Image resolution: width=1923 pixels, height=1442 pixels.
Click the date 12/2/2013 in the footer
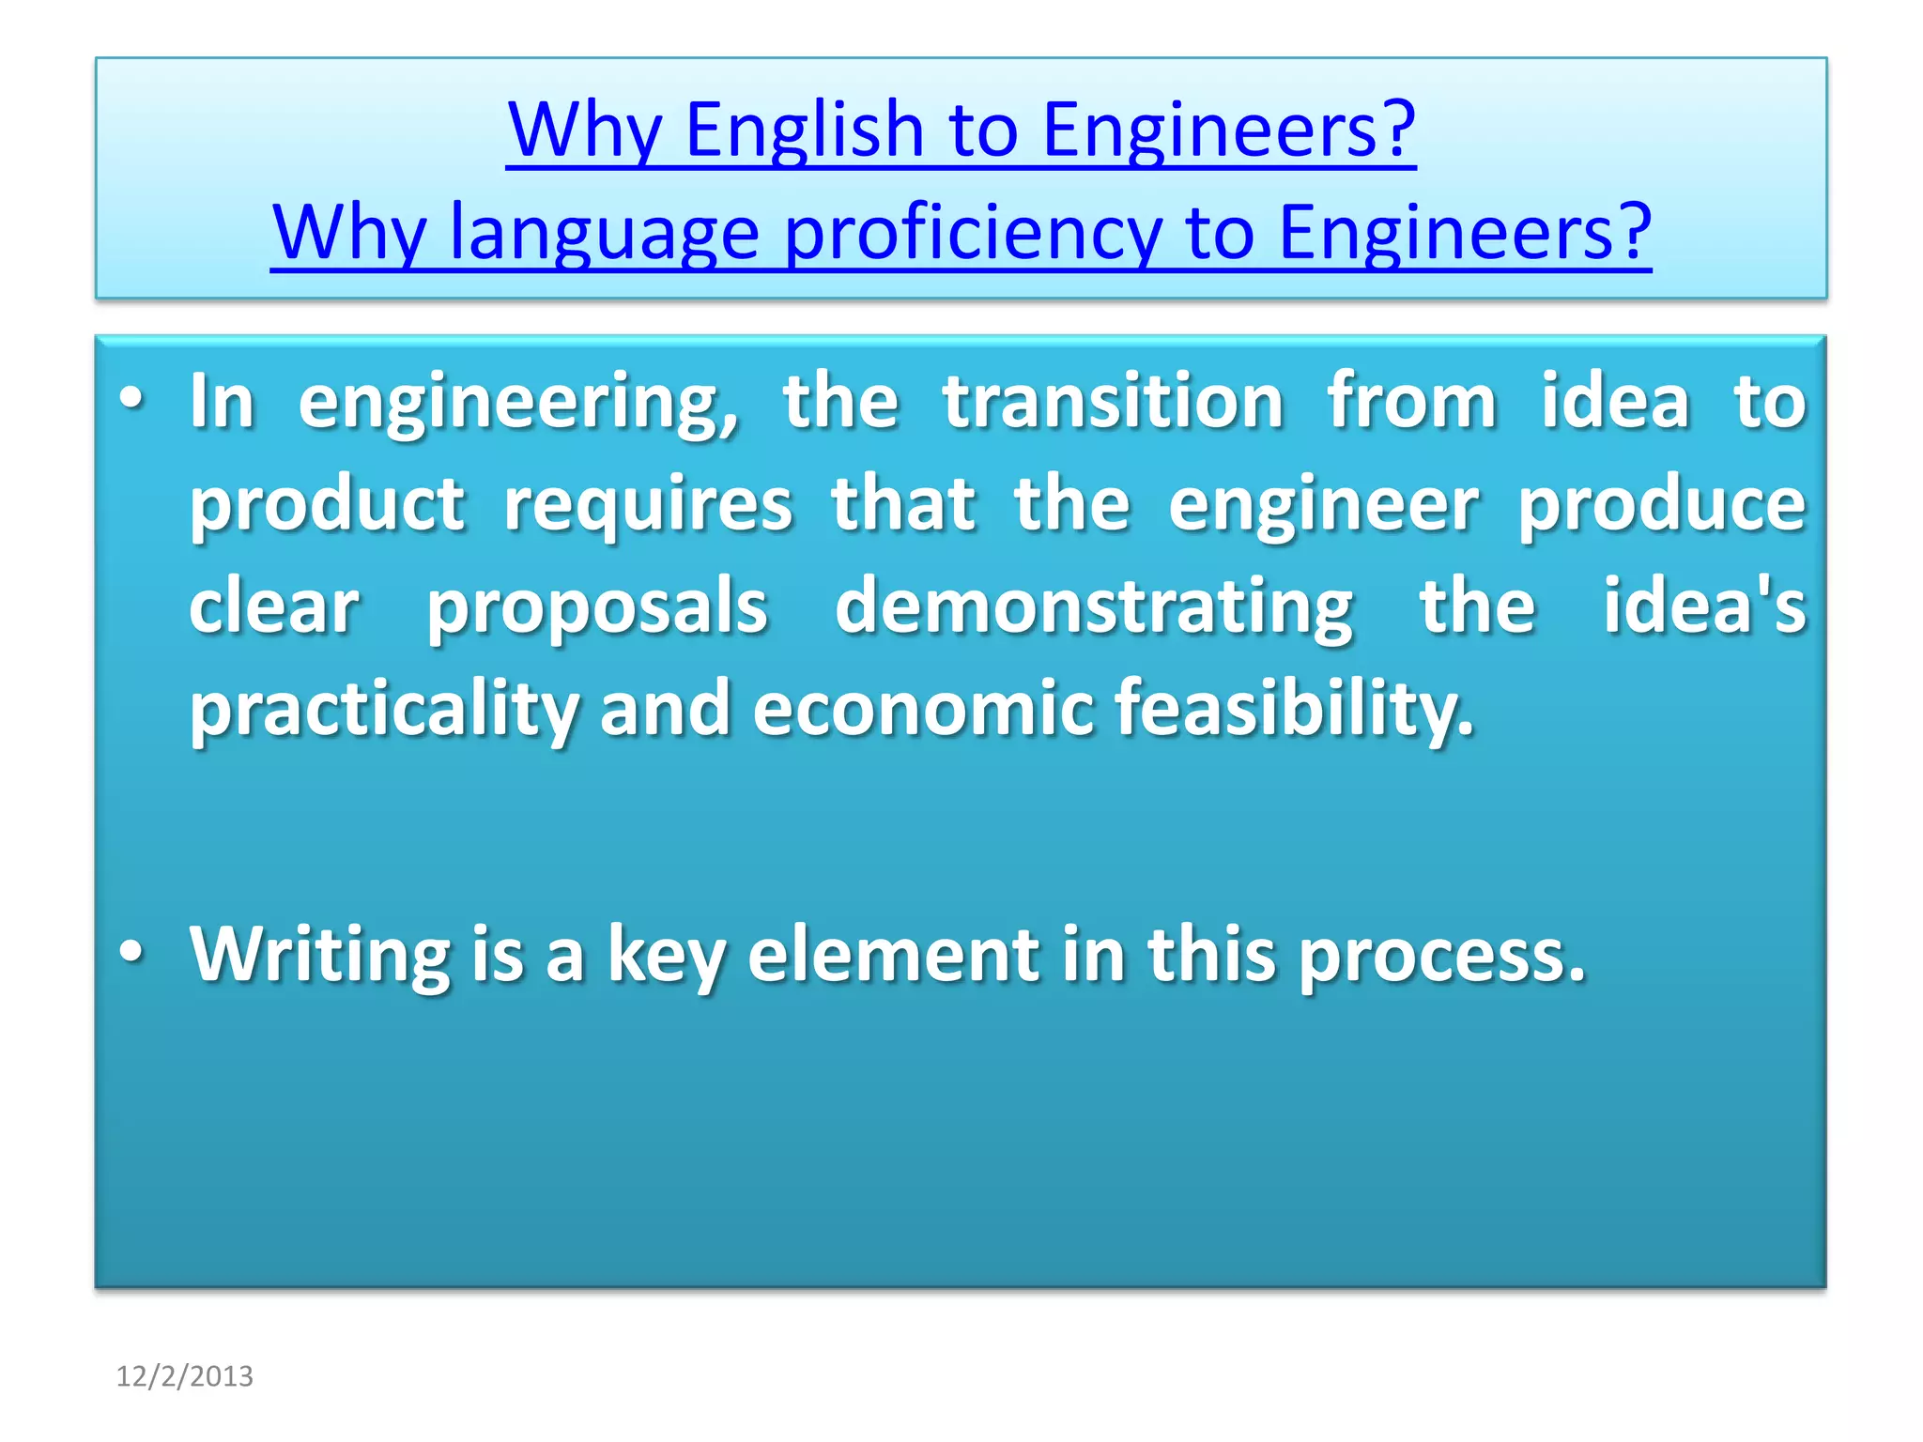(184, 1376)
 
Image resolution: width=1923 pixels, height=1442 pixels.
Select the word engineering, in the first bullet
(518, 404)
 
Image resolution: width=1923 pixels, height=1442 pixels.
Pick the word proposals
(597, 608)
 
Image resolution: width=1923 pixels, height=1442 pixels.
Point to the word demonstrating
(1094, 608)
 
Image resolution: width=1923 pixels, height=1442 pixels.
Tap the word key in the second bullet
(666, 956)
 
